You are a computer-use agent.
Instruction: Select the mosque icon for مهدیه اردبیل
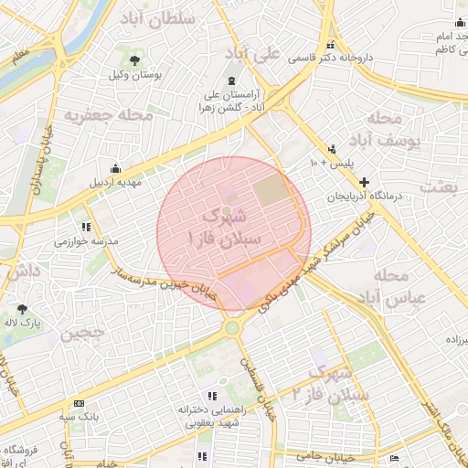click(x=115, y=169)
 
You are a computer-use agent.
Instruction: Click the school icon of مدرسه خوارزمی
click(x=87, y=227)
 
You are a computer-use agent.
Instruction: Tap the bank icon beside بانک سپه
click(x=79, y=402)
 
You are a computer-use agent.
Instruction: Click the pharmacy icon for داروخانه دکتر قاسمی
click(x=330, y=45)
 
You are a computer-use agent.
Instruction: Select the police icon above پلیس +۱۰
click(x=332, y=148)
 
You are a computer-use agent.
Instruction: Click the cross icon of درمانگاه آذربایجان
click(x=366, y=183)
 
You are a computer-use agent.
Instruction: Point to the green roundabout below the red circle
click(x=232, y=327)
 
